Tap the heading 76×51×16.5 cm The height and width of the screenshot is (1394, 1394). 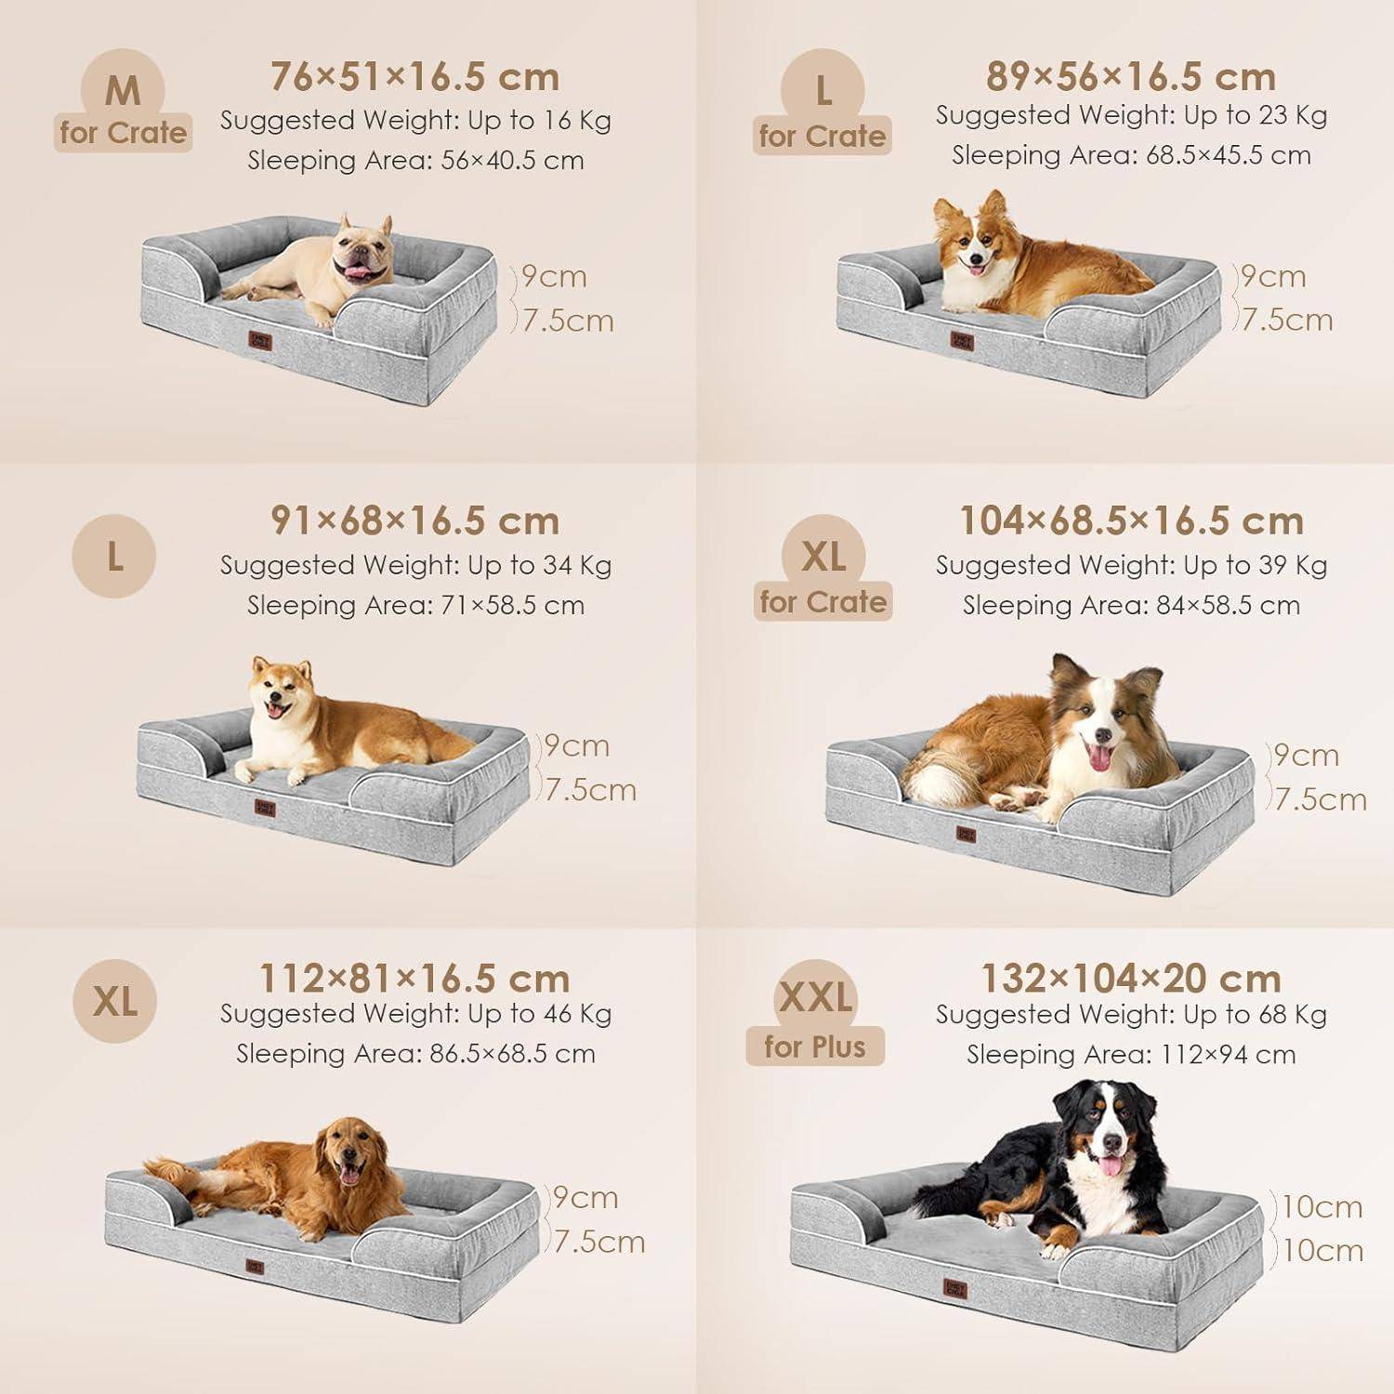point(415,76)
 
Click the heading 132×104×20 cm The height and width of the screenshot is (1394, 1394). point(1131,978)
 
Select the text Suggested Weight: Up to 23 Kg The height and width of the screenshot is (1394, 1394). point(1131,115)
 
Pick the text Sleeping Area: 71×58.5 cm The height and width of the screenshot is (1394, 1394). point(415,605)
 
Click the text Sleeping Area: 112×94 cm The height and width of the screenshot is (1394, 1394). point(1131,1054)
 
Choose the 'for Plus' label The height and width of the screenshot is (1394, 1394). point(815,1047)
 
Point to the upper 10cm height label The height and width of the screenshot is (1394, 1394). point(1322,1206)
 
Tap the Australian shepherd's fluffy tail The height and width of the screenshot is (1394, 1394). point(929,776)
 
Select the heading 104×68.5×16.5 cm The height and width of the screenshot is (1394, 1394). point(1131,520)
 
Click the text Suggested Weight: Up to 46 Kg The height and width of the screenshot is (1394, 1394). point(415,1014)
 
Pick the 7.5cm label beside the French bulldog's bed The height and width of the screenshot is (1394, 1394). point(567,321)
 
